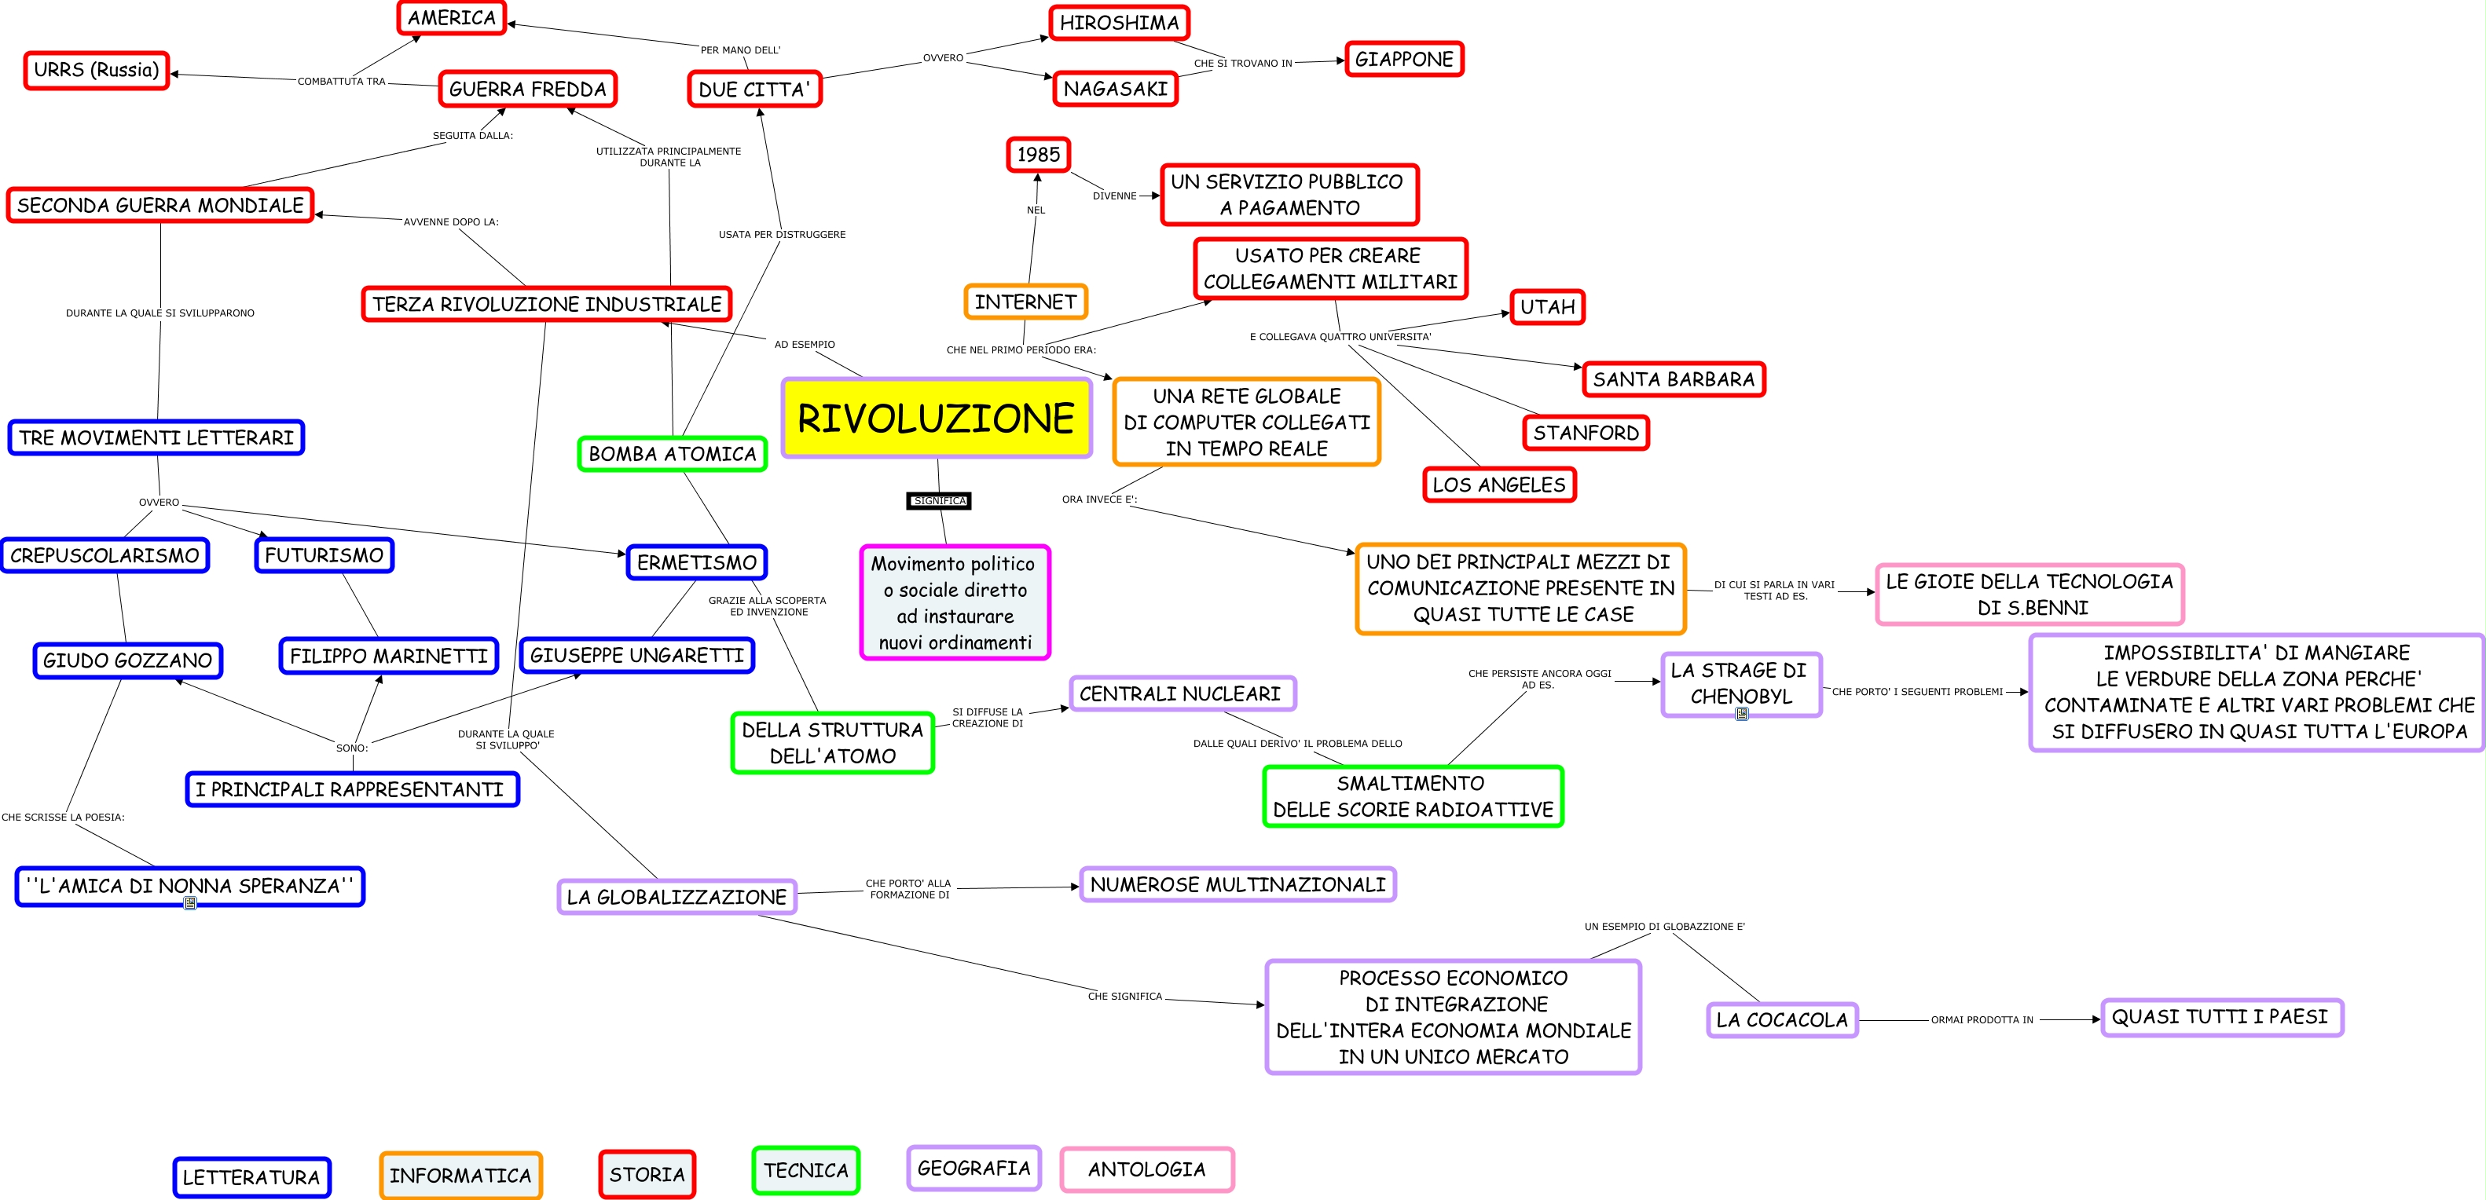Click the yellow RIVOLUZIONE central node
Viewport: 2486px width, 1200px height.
[x=935, y=418]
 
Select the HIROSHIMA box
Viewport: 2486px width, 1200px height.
[x=1119, y=22]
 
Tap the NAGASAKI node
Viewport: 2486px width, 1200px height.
[x=1115, y=89]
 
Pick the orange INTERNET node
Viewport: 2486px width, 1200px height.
[x=1025, y=302]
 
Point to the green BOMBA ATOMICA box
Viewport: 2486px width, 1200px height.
[x=672, y=453]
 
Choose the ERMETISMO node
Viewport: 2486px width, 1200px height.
[x=696, y=562]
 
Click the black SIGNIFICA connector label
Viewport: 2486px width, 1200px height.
[x=939, y=500]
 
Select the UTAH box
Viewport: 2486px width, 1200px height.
[x=1547, y=307]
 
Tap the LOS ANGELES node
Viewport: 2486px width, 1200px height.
[x=1498, y=485]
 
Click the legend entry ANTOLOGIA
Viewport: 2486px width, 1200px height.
[x=1146, y=1169]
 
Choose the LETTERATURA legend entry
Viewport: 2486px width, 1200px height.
[x=251, y=1177]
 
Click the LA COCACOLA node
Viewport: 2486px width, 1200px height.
[x=1781, y=1019]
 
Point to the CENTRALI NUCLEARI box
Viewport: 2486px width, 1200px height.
[x=1180, y=693]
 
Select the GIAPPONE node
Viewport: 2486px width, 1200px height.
[x=1403, y=59]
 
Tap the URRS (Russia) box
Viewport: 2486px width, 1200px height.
[x=97, y=69]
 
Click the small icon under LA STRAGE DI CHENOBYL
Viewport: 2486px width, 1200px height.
[x=1742, y=714]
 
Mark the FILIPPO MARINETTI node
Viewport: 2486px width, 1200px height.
[x=388, y=656]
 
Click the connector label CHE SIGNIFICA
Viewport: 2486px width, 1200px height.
[x=1124, y=997]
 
